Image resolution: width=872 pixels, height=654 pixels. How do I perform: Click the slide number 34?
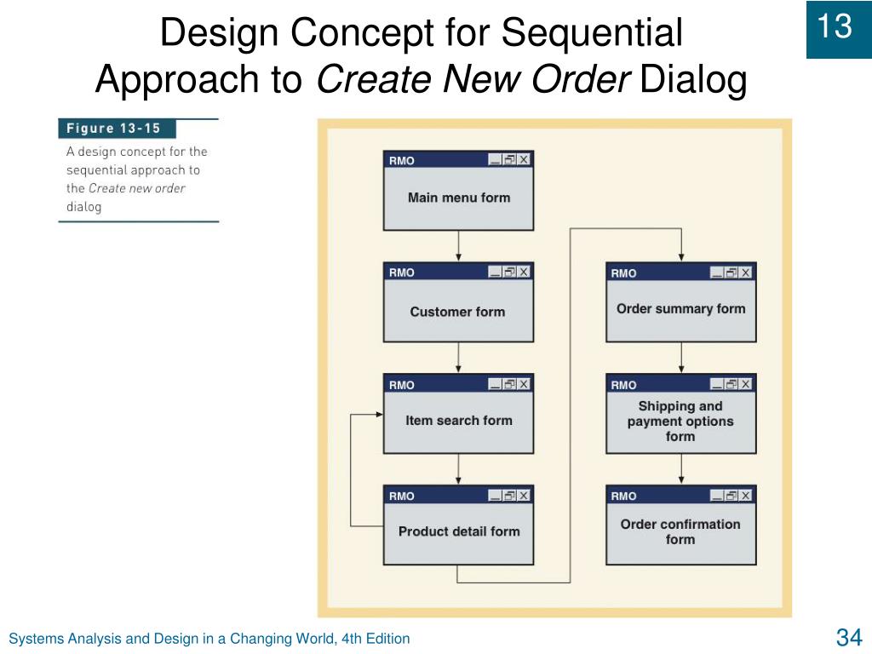[x=849, y=637]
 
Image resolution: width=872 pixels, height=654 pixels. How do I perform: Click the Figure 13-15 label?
[x=114, y=129]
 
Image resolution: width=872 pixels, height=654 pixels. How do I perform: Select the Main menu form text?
[x=458, y=198]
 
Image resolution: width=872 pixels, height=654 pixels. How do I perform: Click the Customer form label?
[x=457, y=312]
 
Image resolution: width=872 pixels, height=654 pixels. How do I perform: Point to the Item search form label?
[x=458, y=420]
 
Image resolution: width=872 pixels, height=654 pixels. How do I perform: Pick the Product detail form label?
[x=458, y=531]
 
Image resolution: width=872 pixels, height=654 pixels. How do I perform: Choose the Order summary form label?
[x=680, y=309]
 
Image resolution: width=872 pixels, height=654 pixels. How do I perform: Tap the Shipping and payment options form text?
[x=680, y=422]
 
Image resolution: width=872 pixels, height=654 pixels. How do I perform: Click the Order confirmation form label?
[x=680, y=531]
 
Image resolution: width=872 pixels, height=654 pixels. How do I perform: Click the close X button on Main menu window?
[x=524, y=159]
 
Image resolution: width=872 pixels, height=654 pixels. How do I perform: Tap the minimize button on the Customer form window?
[x=495, y=272]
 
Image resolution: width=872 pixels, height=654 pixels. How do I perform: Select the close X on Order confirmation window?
[x=745, y=496]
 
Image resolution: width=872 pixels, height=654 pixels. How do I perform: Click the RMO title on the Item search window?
[x=402, y=385]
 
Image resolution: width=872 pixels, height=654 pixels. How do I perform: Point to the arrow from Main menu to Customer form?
[x=458, y=246]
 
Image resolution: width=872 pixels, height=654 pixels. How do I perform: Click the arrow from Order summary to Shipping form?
[x=680, y=358]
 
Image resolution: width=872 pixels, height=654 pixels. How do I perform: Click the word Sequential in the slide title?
[x=592, y=34]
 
